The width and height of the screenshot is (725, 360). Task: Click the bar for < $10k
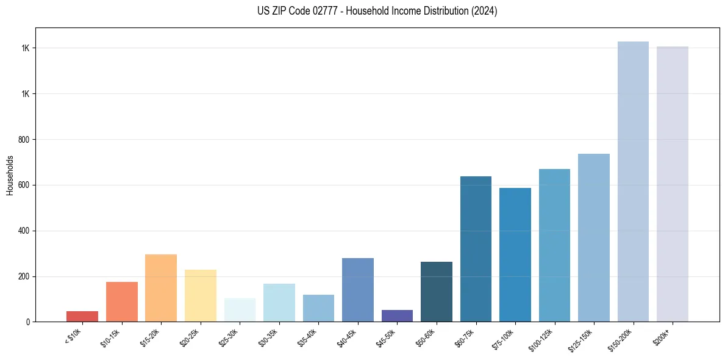tap(82, 316)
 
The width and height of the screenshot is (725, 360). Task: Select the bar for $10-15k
tap(122, 302)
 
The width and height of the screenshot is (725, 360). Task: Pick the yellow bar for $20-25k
tap(201, 296)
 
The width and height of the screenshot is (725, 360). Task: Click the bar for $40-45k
tap(358, 290)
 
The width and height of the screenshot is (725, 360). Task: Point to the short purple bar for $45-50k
tap(397, 315)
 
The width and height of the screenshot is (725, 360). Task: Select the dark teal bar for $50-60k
tap(437, 292)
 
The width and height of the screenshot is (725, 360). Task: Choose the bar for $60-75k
tap(476, 249)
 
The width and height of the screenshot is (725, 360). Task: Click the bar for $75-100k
tap(515, 254)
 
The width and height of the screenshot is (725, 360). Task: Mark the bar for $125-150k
tap(594, 238)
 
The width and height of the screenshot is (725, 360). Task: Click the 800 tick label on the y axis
tap(24, 140)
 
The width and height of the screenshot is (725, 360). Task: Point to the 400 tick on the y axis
tap(24, 231)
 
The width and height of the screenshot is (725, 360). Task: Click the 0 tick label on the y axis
tap(28, 322)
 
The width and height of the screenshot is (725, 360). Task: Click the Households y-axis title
tap(10, 175)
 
